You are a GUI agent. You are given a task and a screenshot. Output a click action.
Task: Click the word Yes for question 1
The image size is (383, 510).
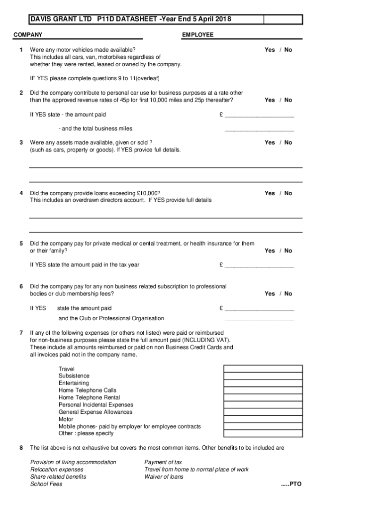point(270,50)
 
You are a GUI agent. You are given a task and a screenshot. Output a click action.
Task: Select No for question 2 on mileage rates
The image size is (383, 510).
point(288,100)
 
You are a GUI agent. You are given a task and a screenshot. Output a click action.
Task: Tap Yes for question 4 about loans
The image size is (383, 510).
point(270,193)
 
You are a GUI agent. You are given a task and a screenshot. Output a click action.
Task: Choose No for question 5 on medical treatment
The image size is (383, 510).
point(288,251)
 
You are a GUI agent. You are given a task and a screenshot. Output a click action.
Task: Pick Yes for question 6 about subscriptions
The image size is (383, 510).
point(270,294)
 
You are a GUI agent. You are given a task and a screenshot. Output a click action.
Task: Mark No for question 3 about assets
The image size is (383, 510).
point(288,142)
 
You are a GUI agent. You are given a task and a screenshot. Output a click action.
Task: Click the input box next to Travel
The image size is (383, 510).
point(263,369)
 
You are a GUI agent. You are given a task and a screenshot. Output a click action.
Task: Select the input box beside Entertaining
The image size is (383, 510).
point(263,383)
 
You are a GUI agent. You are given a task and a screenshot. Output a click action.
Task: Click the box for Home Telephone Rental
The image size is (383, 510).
point(263,398)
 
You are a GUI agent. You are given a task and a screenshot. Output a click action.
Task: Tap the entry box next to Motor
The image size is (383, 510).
point(263,419)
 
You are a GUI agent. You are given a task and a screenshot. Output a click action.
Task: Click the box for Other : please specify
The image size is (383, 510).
point(263,434)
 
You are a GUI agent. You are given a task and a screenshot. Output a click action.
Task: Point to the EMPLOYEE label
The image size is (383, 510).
point(197,35)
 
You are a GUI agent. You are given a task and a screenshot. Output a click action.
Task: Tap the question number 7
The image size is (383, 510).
point(21,333)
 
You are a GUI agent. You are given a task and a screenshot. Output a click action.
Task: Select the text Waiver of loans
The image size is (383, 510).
point(164,477)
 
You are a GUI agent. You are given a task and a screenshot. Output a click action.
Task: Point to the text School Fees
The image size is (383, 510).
point(46,484)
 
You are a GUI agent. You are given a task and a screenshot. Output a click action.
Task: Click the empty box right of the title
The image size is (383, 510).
point(283,19)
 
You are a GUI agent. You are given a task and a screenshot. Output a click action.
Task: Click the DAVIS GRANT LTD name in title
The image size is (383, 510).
point(57,19)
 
